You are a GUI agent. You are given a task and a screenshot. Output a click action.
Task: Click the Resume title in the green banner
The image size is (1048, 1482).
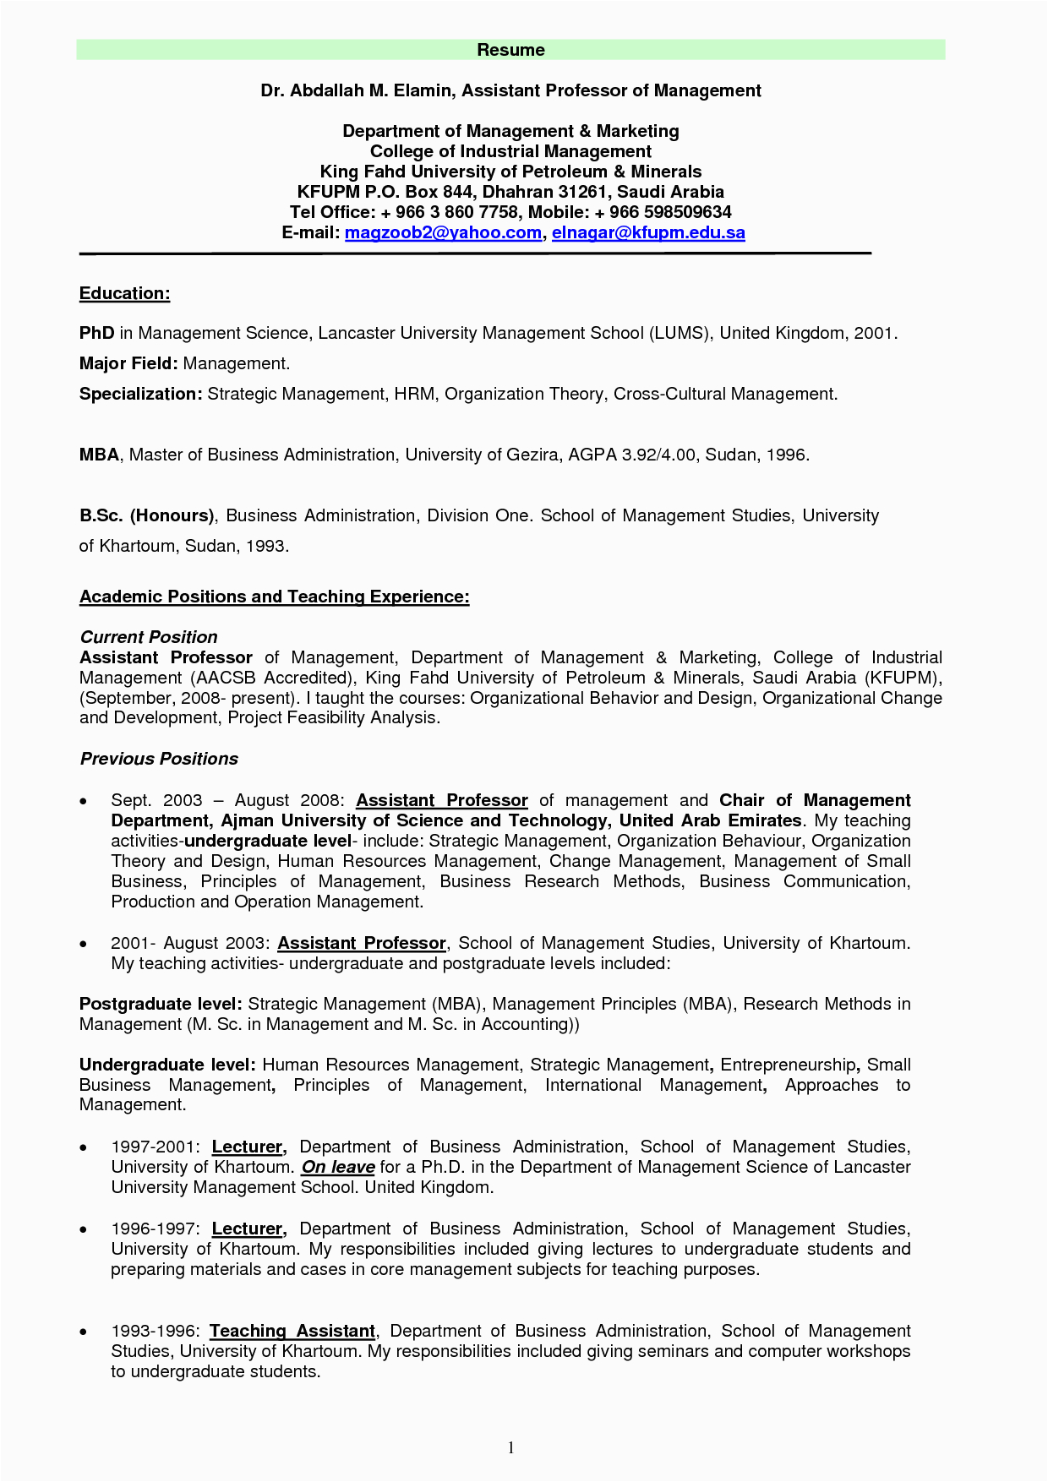click(x=510, y=50)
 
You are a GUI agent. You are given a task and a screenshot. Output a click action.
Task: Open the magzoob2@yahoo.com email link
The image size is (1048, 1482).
click(x=443, y=232)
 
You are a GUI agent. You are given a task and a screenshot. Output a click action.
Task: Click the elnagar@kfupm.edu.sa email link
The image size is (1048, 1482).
click(x=648, y=232)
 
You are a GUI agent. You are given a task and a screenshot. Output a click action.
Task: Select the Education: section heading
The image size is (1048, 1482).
click(x=124, y=293)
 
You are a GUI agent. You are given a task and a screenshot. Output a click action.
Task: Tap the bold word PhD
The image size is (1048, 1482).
click(x=96, y=333)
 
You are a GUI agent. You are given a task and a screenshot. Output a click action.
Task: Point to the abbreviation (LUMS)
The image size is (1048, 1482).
click(x=679, y=333)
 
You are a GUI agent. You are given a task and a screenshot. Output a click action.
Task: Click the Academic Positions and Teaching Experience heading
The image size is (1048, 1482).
click(x=274, y=597)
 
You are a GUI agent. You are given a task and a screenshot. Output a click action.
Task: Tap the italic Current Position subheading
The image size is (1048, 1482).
click(x=149, y=637)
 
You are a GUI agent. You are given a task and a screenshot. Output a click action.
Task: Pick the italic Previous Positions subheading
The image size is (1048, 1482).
click(x=159, y=759)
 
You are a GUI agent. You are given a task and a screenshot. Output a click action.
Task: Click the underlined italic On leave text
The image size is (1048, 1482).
click(x=338, y=1167)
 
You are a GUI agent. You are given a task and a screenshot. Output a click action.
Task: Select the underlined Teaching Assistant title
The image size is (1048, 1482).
click(x=292, y=1331)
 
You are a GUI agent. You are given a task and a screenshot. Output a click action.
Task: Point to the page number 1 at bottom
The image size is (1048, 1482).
click(x=510, y=1448)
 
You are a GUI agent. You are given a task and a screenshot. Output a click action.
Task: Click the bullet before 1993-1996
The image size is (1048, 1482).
click(x=83, y=1332)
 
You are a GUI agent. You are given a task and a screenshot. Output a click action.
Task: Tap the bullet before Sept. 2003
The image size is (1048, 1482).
click(x=83, y=801)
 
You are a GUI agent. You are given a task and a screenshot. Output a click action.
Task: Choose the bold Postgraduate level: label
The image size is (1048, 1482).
click(x=161, y=1004)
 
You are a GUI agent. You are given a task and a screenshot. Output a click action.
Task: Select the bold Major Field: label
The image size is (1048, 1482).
click(x=128, y=363)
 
